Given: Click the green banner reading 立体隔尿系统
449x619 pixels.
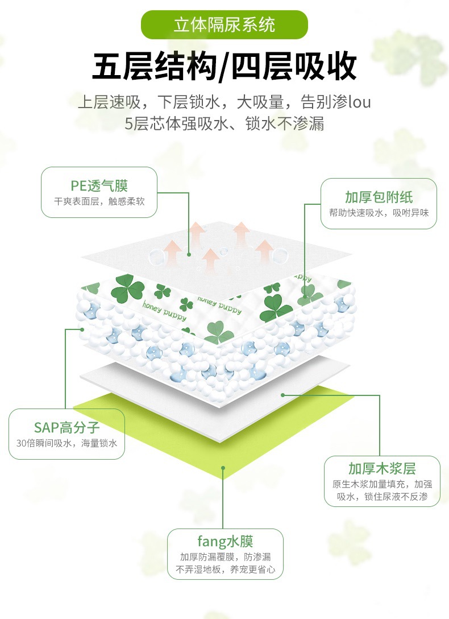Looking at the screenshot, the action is click(x=224, y=25).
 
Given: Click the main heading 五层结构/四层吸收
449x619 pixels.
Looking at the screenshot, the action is click(x=224, y=67).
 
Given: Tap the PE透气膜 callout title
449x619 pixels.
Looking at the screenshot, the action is click(x=99, y=185).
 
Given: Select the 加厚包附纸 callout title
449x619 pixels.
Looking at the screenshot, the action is click(x=379, y=197).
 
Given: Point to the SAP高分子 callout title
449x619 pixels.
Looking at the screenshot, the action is click(x=66, y=427).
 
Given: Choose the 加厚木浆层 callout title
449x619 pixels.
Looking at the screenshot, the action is click(x=382, y=468).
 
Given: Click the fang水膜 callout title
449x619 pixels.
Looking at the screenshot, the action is click(x=225, y=541).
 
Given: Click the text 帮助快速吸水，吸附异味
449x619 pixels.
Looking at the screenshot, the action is click(x=379, y=213).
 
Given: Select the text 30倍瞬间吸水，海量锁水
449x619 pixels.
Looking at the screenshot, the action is click(x=66, y=443).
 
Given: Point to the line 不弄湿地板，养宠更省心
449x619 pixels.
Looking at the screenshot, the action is click(x=225, y=569).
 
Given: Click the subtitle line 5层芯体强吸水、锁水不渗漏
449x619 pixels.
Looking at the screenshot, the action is click(x=224, y=123).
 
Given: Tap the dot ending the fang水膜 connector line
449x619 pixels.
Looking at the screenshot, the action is click(x=223, y=468).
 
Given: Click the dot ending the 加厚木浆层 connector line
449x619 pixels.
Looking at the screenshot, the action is click(x=283, y=394).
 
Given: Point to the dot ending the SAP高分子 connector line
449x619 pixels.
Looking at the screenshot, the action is click(x=82, y=329).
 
